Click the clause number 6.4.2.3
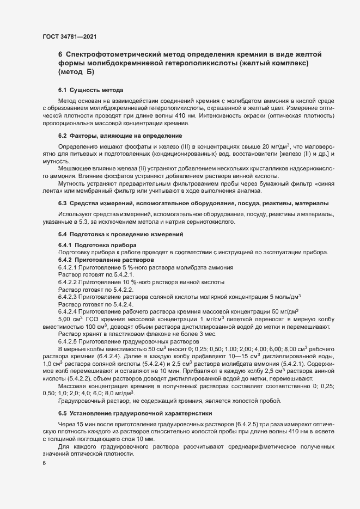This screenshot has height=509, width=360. coord(68,297)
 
